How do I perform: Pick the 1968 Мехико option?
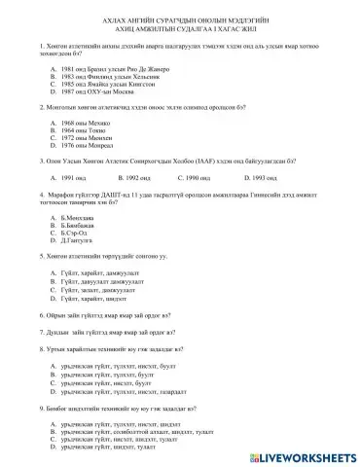76,124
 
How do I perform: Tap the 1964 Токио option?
75,131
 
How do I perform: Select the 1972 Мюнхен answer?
77,139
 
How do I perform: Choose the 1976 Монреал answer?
78,147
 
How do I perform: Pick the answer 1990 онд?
199,178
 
